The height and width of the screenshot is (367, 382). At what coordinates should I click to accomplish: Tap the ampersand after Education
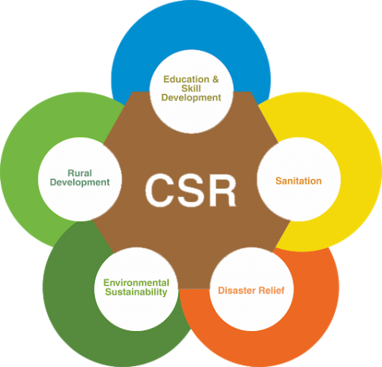215,80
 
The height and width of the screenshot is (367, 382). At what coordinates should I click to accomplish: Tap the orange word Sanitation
298,181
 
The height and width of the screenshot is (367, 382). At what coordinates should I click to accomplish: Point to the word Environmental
136,283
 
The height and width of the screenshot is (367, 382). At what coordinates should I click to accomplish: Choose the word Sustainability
136,292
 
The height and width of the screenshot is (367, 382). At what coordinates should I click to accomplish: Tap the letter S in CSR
191,191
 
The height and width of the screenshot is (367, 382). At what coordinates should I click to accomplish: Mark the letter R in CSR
222,191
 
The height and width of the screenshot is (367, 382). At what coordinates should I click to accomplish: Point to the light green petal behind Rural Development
32,159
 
